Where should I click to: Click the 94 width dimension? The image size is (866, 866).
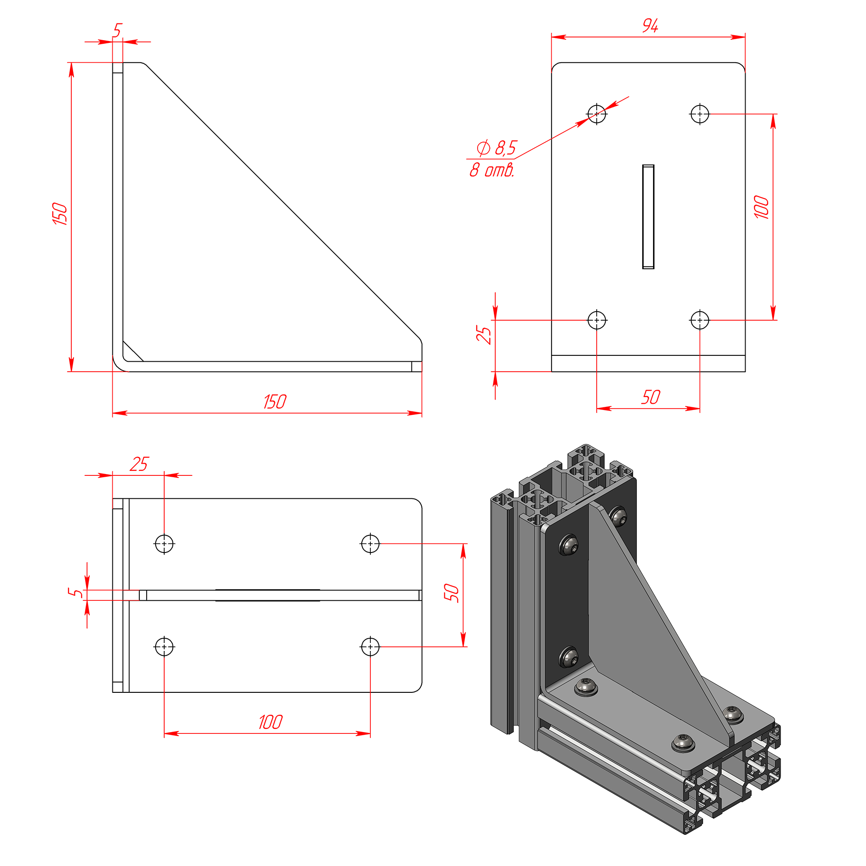[x=650, y=26]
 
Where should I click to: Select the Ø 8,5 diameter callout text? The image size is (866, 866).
[x=497, y=148]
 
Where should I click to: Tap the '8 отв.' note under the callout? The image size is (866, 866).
[x=492, y=170]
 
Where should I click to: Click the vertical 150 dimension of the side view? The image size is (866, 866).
[x=60, y=213]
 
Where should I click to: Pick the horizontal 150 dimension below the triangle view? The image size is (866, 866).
[x=275, y=402]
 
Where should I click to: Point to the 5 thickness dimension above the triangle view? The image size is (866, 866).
[x=117, y=30]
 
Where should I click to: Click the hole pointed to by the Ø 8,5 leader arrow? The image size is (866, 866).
[x=597, y=114]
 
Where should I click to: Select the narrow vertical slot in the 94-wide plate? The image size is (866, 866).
[x=648, y=216]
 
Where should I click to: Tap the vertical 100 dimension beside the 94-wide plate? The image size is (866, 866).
[x=762, y=207]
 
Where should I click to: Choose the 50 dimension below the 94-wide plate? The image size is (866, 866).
[x=650, y=397]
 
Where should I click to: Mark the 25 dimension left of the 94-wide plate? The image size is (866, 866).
[x=484, y=335]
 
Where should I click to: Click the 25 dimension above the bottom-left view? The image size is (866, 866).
[x=139, y=464]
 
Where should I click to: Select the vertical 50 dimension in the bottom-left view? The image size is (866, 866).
[x=451, y=593]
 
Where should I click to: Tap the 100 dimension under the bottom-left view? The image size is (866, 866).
[x=271, y=722]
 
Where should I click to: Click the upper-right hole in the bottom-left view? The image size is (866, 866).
[x=370, y=544]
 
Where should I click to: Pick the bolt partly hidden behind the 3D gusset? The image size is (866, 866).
[x=618, y=516]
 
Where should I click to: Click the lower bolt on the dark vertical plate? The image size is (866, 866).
[x=569, y=656]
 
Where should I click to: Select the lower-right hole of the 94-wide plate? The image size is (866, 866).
[x=700, y=320]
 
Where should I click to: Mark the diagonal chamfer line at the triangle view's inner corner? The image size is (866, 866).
[x=133, y=351]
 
